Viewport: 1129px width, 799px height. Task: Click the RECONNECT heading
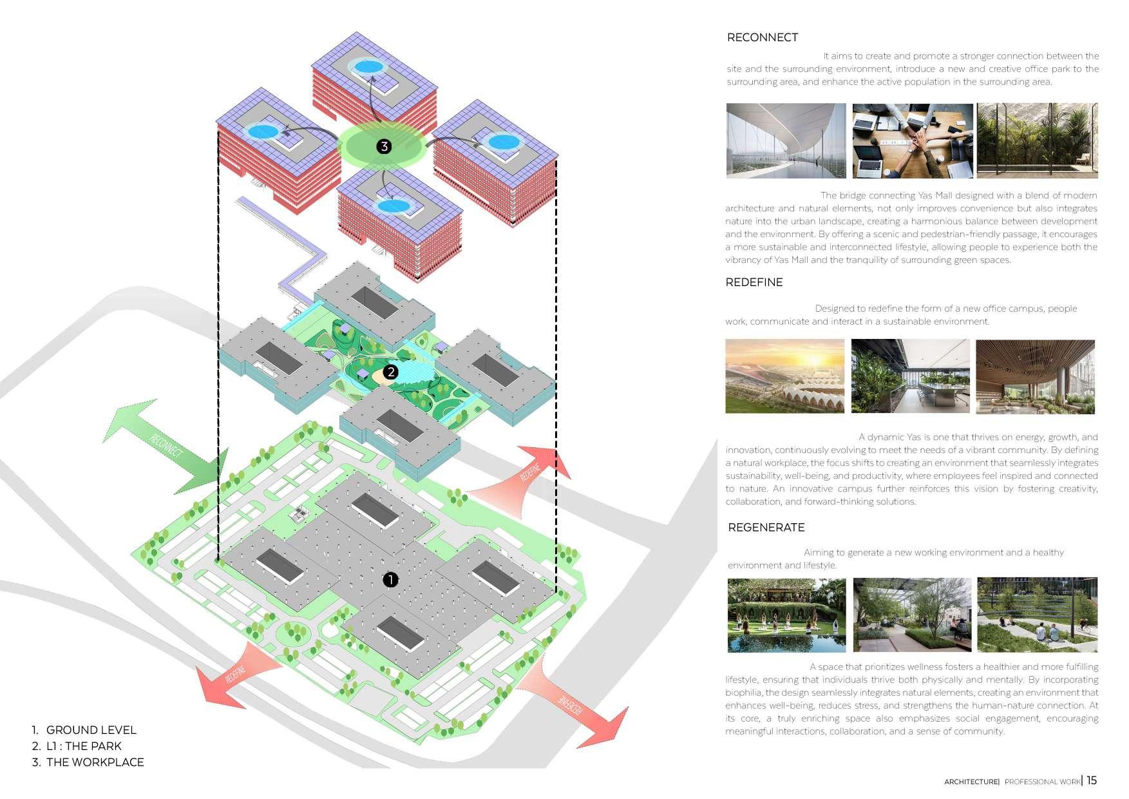tap(762, 37)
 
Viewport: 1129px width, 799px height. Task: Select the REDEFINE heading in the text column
tap(754, 282)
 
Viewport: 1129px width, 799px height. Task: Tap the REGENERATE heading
tap(766, 528)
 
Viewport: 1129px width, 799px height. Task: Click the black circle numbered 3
tap(384, 146)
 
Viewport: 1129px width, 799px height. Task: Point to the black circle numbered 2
tap(390, 372)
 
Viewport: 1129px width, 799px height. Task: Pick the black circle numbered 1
tap(390, 580)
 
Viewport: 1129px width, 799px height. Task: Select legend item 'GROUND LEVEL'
tap(91, 730)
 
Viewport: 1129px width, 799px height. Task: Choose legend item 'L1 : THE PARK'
tap(84, 746)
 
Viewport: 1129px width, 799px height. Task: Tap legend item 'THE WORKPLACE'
tap(95, 762)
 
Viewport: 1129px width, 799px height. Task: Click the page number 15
tap(1092, 780)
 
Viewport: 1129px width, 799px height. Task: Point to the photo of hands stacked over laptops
tap(912, 140)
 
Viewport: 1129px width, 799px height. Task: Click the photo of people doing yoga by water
tap(786, 615)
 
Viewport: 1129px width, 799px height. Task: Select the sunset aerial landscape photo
tap(784, 376)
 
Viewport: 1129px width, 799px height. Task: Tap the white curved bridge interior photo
tap(786, 140)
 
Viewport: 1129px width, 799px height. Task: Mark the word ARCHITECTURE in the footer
tap(971, 782)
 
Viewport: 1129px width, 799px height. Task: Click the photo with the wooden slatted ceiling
tap(1035, 376)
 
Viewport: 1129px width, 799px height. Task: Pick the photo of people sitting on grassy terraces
tap(1037, 615)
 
